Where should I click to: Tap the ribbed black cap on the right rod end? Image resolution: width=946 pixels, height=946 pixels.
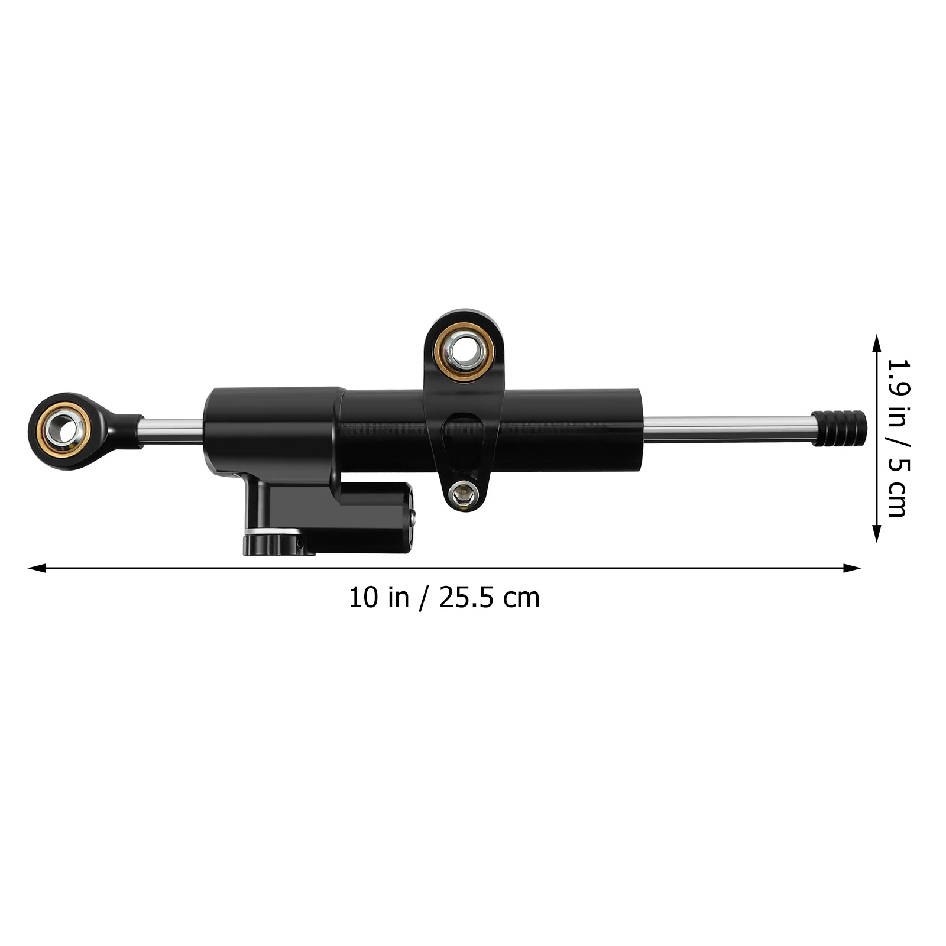click(x=840, y=428)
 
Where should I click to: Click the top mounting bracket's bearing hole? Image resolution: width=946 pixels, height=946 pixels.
click(x=464, y=351)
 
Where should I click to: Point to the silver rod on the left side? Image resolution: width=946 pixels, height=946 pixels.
click(x=171, y=430)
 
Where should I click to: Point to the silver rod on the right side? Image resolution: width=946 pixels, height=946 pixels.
click(x=727, y=429)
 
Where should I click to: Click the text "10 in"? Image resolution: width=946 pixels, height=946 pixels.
click(x=378, y=598)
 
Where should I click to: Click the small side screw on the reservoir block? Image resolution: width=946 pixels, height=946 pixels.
click(x=413, y=519)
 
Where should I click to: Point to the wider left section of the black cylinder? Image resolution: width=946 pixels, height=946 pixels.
click(x=272, y=429)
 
